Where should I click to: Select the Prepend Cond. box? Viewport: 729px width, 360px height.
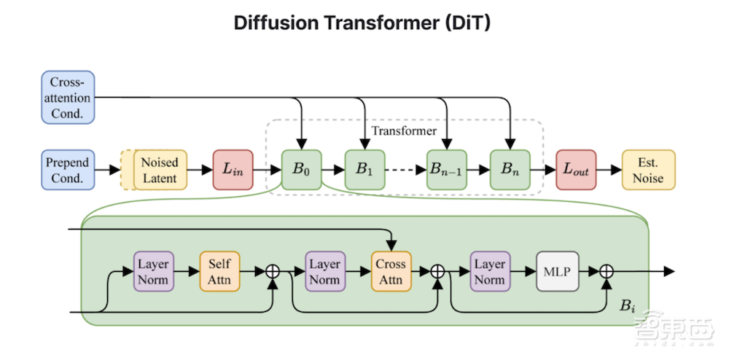coord(67,169)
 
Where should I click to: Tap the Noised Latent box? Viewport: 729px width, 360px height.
coord(160,169)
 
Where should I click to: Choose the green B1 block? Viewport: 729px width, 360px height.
coord(364,170)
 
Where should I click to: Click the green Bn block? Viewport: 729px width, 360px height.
coord(510,170)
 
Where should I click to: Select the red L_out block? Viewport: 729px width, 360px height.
coord(576,170)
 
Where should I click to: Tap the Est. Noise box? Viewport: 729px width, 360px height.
coord(649,170)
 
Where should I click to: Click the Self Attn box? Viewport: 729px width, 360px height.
coord(219,271)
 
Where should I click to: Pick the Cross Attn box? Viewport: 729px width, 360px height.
coord(391,271)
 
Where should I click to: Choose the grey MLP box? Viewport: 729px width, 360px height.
coord(557,271)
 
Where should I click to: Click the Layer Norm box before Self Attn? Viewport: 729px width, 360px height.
coord(153,271)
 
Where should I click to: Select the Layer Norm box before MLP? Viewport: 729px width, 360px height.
coord(491,271)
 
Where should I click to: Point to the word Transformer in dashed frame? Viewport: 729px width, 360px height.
coord(404,131)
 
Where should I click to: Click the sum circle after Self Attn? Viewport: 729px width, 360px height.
coord(273,271)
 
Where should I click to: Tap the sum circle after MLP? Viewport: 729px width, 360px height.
coord(607,271)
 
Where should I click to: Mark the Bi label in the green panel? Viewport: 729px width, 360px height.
coord(628,305)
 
